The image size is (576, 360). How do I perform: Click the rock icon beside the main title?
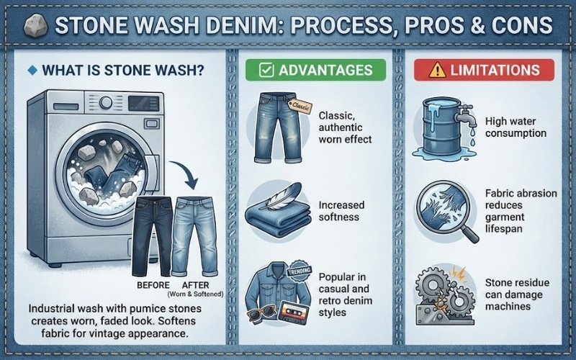[x=35, y=27]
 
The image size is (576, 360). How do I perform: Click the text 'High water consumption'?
[x=516, y=127]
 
